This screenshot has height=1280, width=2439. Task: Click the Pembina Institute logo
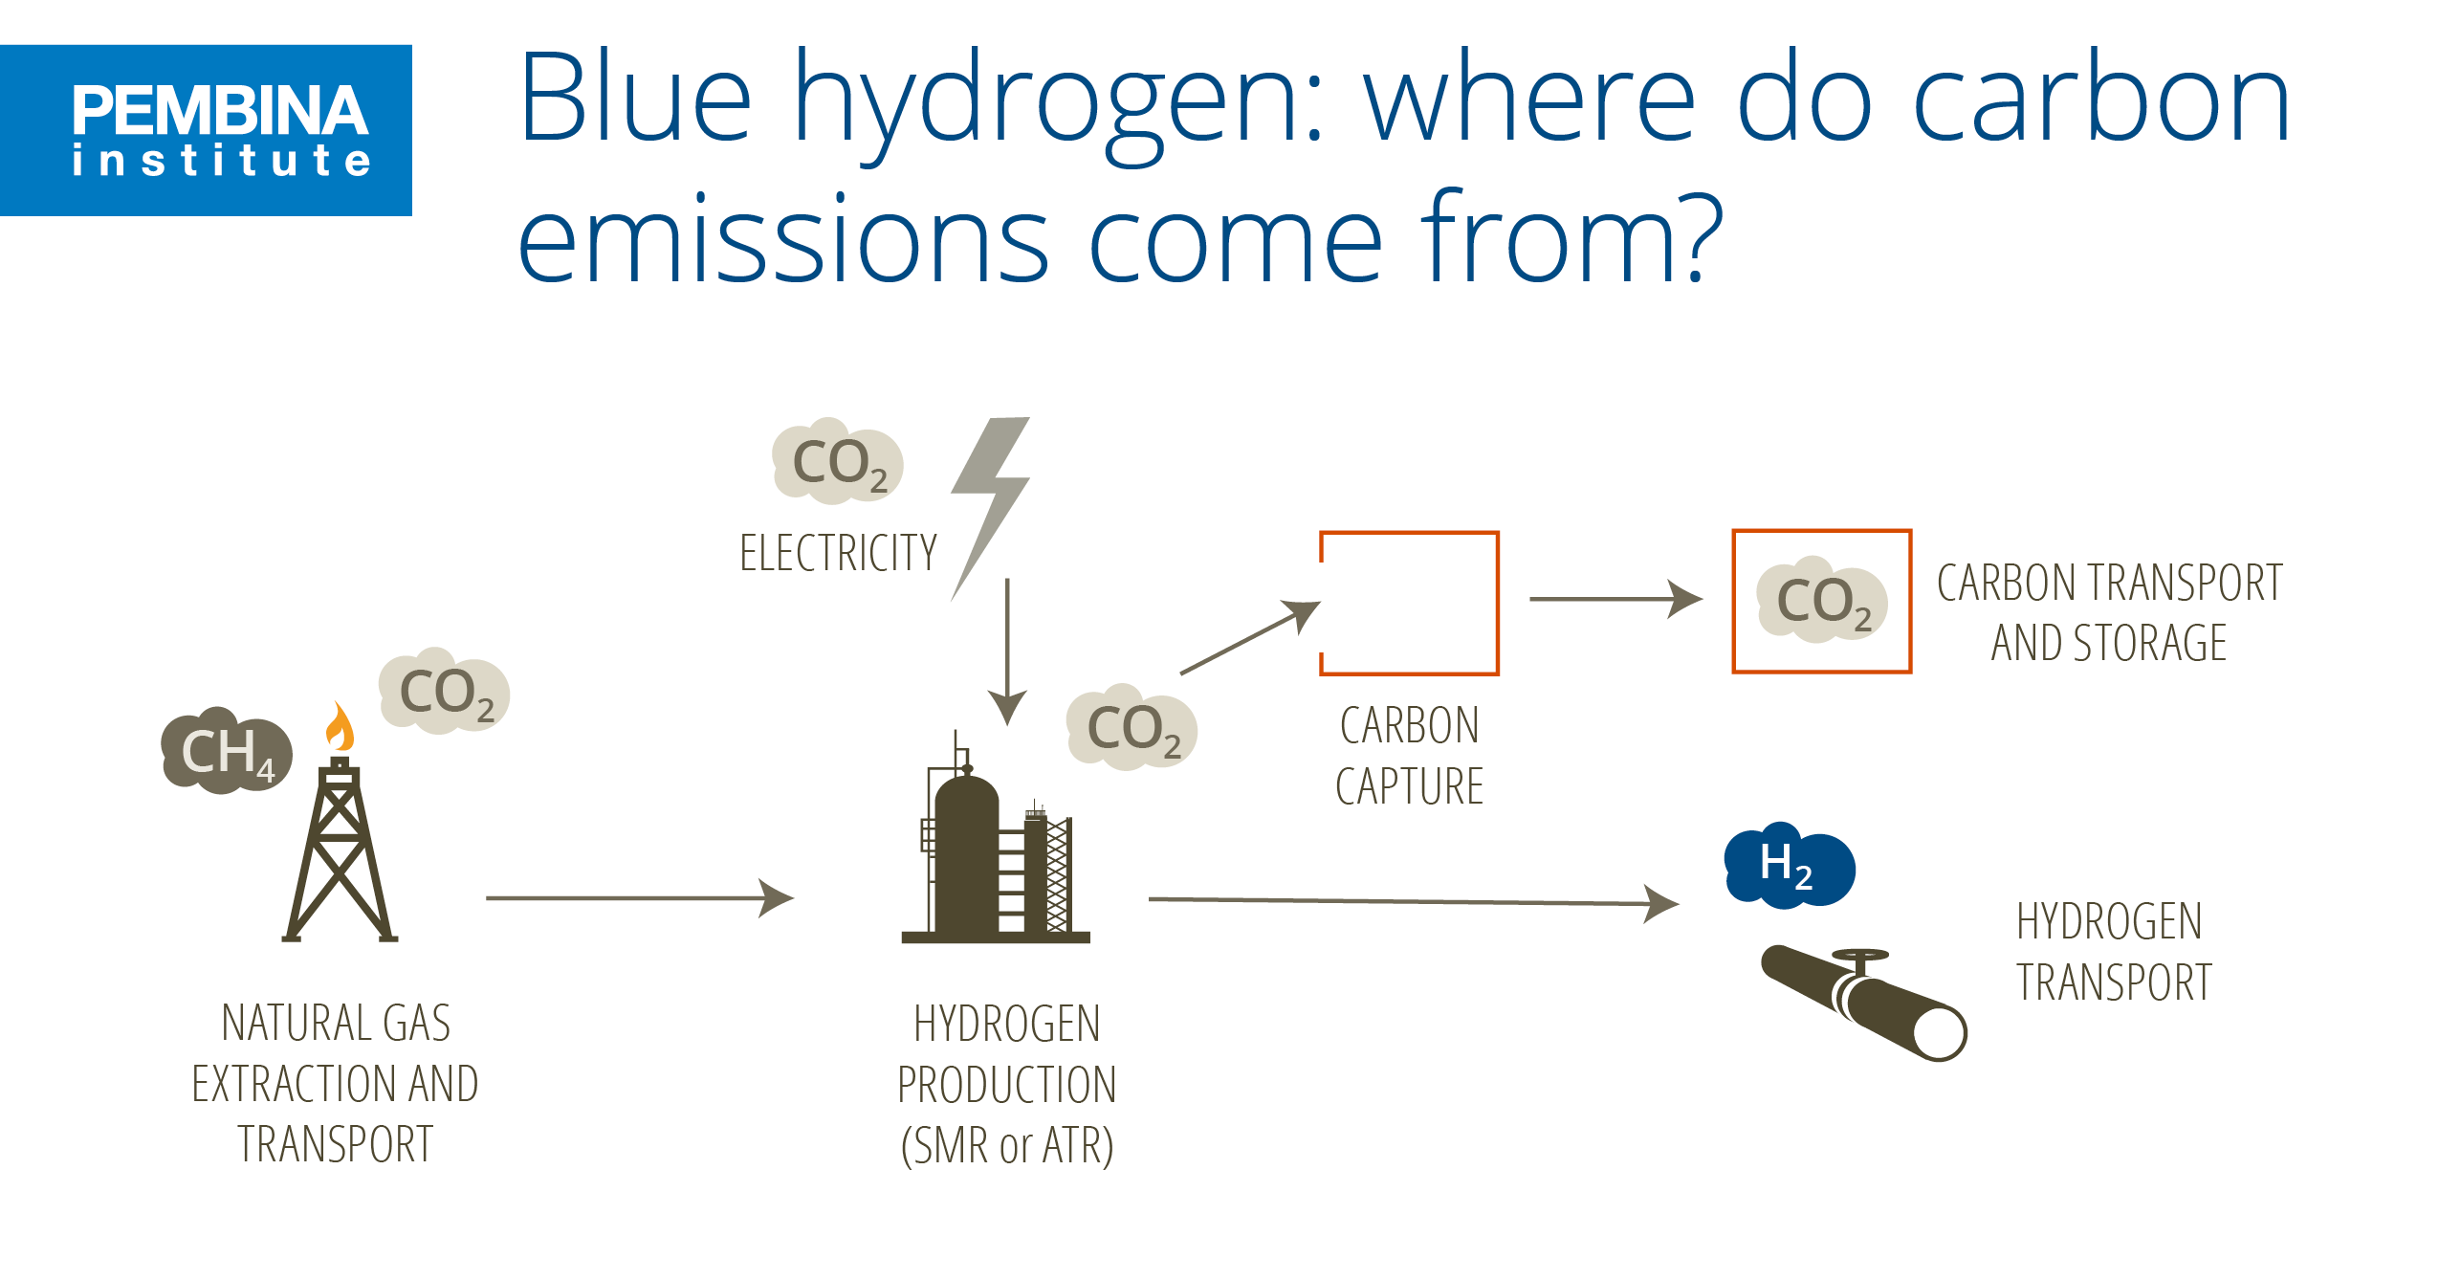pyautogui.click(x=206, y=130)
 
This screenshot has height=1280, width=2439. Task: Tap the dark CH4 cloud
pyautogui.click(x=226, y=752)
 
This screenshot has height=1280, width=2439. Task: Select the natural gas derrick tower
pyautogui.click(x=340, y=856)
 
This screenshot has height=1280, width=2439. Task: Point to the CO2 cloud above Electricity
pyautogui.click(x=837, y=462)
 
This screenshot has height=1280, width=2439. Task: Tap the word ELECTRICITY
pyautogui.click(x=838, y=553)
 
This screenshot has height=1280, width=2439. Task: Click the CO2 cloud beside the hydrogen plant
pyautogui.click(x=1132, y=728)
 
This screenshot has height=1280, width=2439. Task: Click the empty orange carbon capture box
pyautogui.click(x=1409, y=604)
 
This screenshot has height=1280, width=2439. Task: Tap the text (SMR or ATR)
pyautogui.click(x=1007, y=1145)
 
